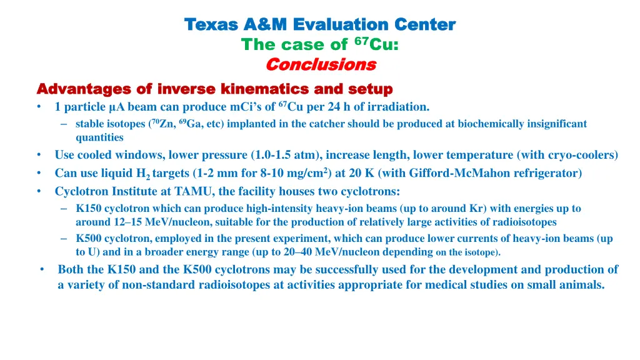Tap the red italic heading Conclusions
pyautogui.click(x=321, y=64)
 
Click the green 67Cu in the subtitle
pyautogui.click(x=364, y=44)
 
